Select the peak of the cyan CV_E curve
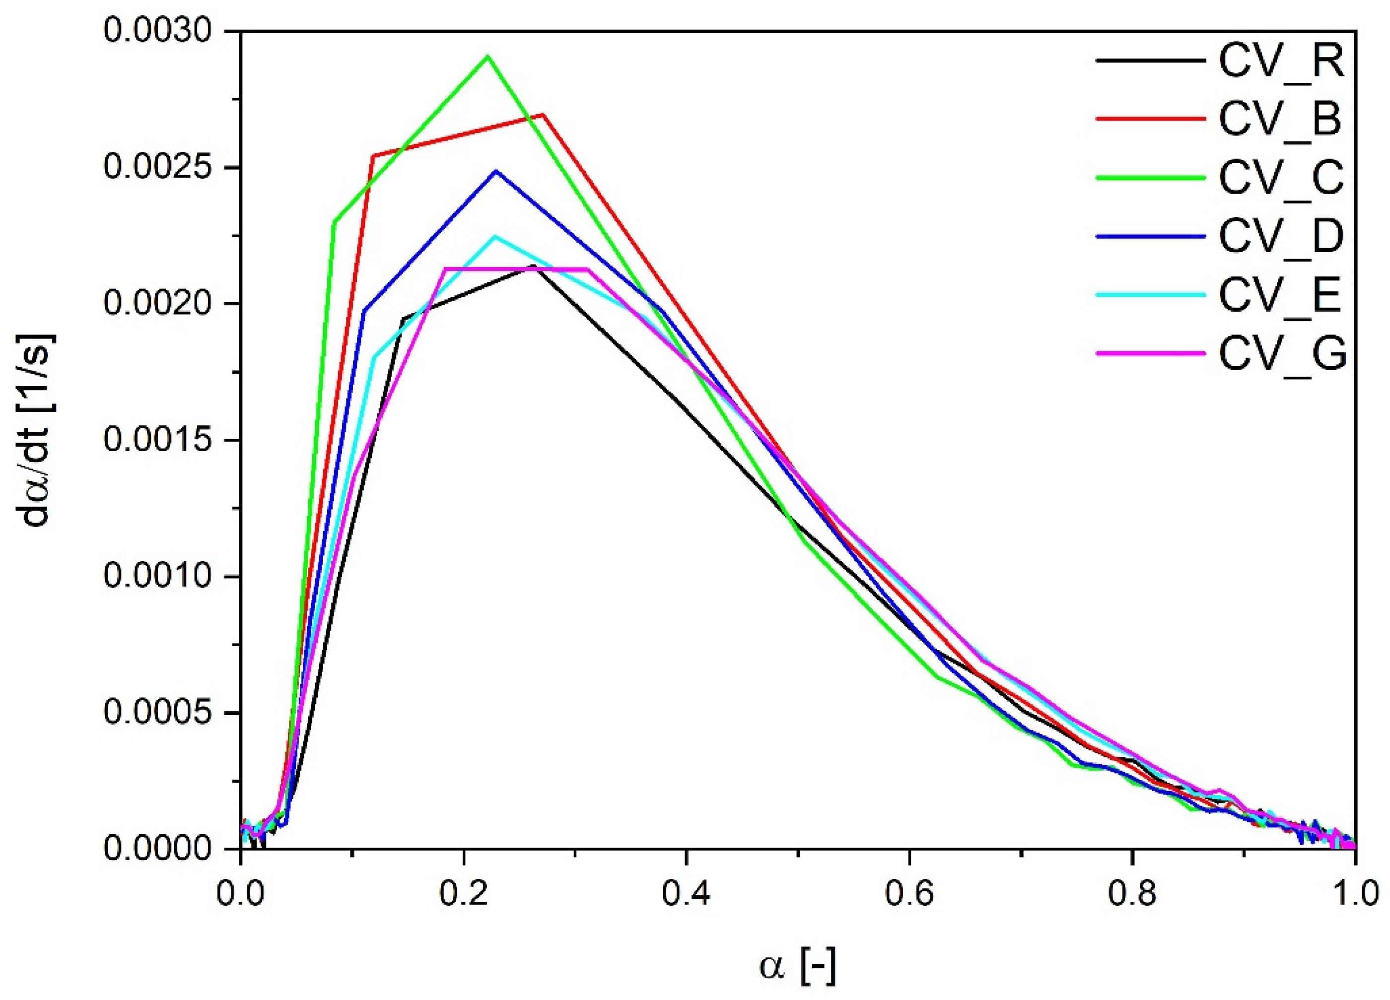coord(495,236)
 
